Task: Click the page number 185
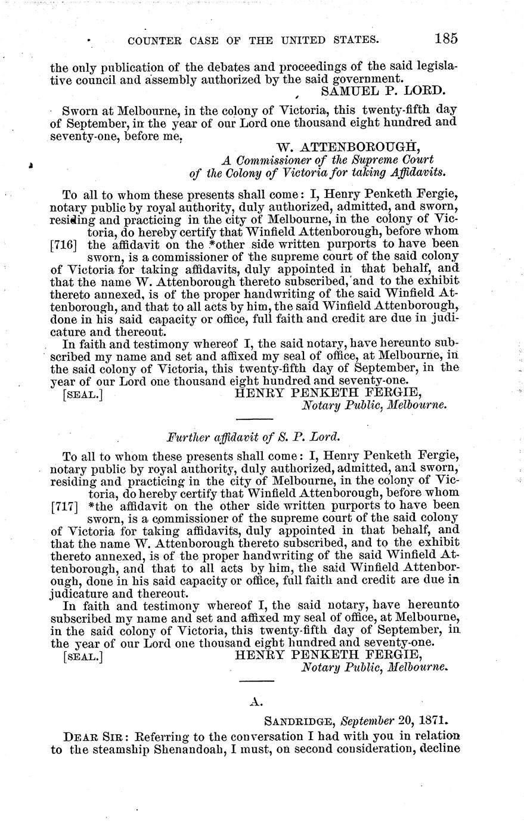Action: click(446, 39)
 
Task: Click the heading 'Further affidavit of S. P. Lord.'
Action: click(253, 436)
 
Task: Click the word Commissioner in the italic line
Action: click(277, 160)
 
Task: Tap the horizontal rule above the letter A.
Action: click(256, 681)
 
